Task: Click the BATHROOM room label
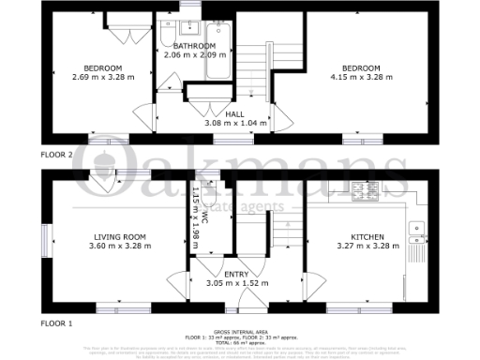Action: [189, 45]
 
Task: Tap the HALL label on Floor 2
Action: [235, 112]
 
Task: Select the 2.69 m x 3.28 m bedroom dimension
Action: [102, 78]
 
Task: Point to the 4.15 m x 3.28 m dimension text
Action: [360, 78]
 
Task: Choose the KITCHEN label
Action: [367, 237]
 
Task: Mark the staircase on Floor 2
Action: [251, 66]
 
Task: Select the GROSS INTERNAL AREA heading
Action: [240, 332]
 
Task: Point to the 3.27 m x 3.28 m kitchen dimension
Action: [367, 247]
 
